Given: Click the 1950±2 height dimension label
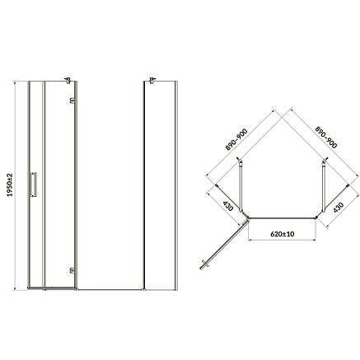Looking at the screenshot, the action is click(10, 185).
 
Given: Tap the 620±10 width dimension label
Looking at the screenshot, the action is click(283, 234).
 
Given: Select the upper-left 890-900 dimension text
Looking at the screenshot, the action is click(236, 139).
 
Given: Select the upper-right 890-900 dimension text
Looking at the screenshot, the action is click(325, 138).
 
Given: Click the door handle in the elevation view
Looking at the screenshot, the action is click(33, 185).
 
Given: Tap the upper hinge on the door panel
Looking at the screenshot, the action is click(72, 101).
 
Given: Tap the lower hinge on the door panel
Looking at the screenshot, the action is click(72, 270).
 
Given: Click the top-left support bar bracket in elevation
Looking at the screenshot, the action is click(68, 80).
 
